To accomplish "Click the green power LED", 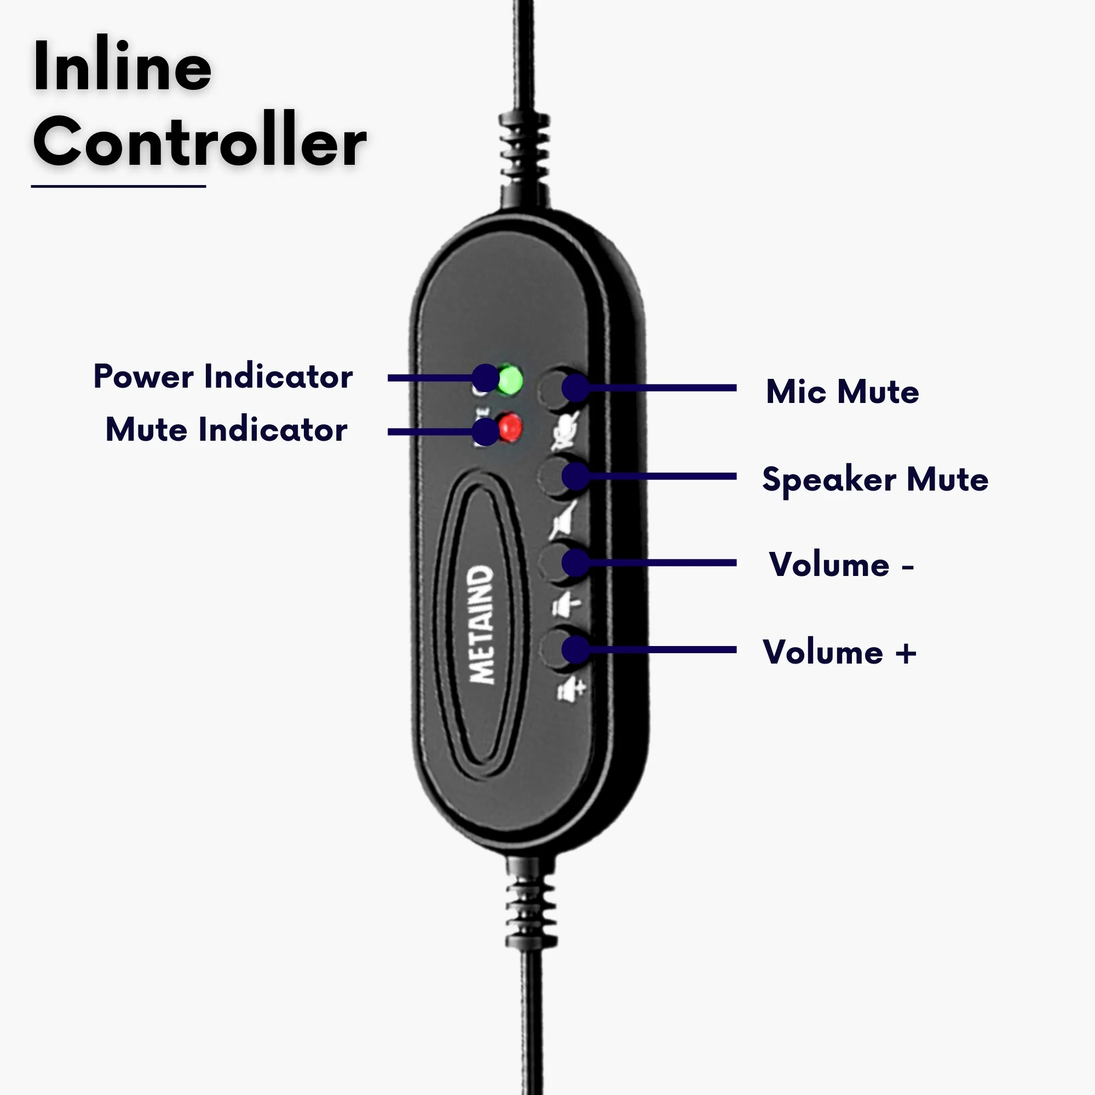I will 510,379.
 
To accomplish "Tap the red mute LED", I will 510,428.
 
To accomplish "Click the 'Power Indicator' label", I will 223,376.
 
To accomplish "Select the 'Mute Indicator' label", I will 226,429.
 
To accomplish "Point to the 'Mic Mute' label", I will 842,391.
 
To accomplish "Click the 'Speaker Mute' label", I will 874,480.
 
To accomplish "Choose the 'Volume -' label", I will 841,564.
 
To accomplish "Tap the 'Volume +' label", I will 839,652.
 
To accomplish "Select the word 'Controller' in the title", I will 199,141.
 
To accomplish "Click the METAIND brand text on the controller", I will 481,624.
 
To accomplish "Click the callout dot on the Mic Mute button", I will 576,388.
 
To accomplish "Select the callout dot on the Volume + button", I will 576,649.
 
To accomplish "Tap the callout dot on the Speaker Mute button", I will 576,476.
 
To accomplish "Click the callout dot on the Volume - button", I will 576,562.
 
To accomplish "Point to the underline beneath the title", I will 118,186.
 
